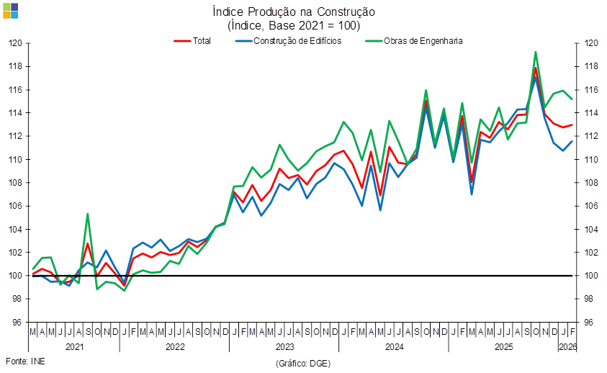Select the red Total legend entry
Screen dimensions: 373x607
[194, 41]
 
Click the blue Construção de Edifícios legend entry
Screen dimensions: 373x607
[288, 41]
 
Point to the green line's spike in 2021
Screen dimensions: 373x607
[88, 214]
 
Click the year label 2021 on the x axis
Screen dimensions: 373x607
[74, 346]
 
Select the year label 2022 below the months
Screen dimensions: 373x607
[174, 346]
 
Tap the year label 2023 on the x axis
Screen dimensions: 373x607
[284, 346]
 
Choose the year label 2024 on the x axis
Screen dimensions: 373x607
[394, 346]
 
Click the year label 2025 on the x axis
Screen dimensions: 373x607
[503, 346]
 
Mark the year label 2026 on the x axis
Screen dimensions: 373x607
[567, 346]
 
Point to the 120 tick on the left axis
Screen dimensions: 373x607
[15, 42]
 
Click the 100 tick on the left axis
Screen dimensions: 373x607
[15, 276]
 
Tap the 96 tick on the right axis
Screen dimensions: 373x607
[589, 323]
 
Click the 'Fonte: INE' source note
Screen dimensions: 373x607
[24, 361]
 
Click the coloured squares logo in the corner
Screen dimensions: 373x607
[11, 11]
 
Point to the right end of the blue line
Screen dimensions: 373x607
[572, 141]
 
